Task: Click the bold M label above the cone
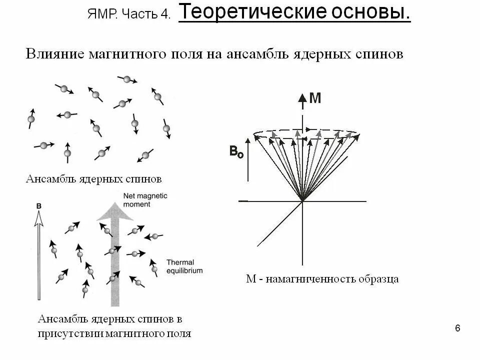click(315, 98)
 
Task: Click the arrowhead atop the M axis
click(302, 97)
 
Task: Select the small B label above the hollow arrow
click(39, 205)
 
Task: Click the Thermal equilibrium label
click(184, 266)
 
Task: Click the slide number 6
click(457, 328)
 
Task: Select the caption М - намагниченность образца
click(322, 279)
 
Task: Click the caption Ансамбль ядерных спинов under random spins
click(93, 178)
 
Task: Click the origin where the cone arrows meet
click(302, 201)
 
